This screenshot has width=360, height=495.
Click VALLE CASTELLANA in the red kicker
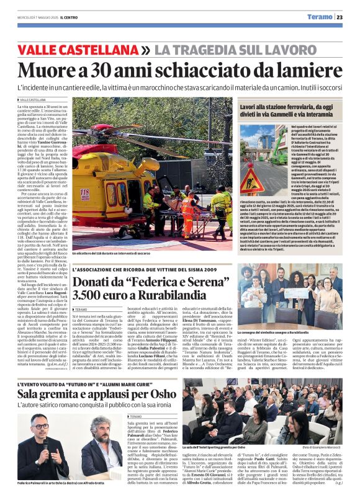(x=78, y=48)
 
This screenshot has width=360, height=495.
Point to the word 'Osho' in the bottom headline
(x=164, y=395)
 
